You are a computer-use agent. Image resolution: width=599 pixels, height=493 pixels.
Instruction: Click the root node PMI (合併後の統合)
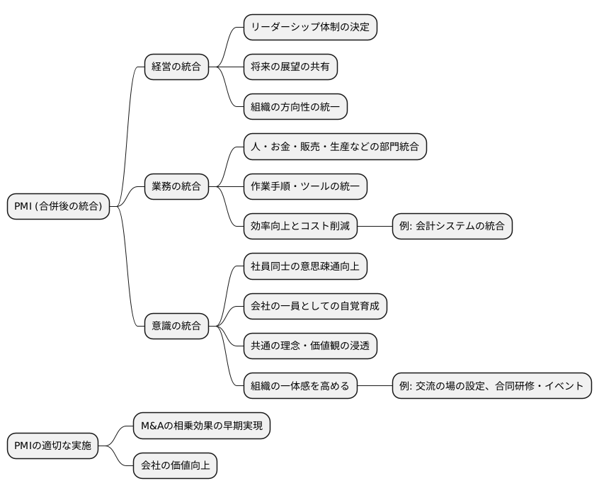pos(58,207)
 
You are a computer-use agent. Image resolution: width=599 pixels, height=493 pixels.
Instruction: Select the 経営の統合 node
pos(176,67)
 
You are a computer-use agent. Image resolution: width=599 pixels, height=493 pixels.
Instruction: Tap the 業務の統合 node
pos(176,187)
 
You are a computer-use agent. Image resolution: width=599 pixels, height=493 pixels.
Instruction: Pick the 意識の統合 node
pos(176,327)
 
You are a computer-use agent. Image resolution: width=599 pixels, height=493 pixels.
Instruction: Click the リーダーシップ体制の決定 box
pos(310,28)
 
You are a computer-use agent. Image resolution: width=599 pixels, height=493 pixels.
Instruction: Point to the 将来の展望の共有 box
pos(290,67)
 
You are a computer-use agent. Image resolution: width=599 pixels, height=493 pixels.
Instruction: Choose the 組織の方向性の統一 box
pos(295,107)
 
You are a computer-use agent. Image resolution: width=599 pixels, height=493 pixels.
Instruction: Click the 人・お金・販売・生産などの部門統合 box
pos(335,147)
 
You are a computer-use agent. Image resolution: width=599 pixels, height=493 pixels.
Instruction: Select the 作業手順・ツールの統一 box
pos(305,187)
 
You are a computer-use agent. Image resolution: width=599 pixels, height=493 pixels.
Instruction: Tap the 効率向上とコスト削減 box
pos(300,227)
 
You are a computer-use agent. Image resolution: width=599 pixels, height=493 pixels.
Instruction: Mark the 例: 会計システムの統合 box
pos(452,227)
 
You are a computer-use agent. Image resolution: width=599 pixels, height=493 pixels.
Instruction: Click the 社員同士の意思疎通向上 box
pos(305,266)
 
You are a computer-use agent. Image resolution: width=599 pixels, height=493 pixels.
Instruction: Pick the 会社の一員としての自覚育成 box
pos(315,306)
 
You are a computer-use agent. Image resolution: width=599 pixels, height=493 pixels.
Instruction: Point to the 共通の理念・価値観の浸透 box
pos(310,346)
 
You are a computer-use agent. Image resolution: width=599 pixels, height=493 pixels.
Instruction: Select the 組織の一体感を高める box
pos(300,386)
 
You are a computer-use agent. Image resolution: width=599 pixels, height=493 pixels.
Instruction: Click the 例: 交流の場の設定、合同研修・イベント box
pos(491,386)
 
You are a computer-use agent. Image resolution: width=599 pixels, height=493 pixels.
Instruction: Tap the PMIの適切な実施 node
pos(52,446)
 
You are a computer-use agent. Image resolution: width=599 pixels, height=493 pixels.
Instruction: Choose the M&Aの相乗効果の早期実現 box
pos(201,426)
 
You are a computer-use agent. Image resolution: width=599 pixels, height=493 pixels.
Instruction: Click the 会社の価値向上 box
pos(175,466)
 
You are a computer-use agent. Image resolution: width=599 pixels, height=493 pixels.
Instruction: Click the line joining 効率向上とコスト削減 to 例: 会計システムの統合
pos(375,227)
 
